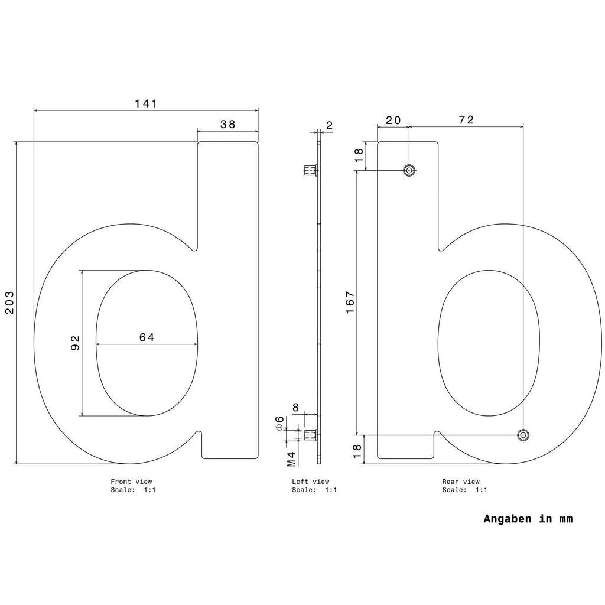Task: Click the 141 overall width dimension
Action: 146,103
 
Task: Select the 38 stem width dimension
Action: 227,124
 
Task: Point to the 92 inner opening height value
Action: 75,343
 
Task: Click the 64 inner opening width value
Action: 147,337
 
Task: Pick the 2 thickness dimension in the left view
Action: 329,125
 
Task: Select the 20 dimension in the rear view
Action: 393,121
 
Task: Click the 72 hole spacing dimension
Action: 466,120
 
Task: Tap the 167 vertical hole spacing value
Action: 350,302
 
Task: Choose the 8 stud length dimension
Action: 296,408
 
